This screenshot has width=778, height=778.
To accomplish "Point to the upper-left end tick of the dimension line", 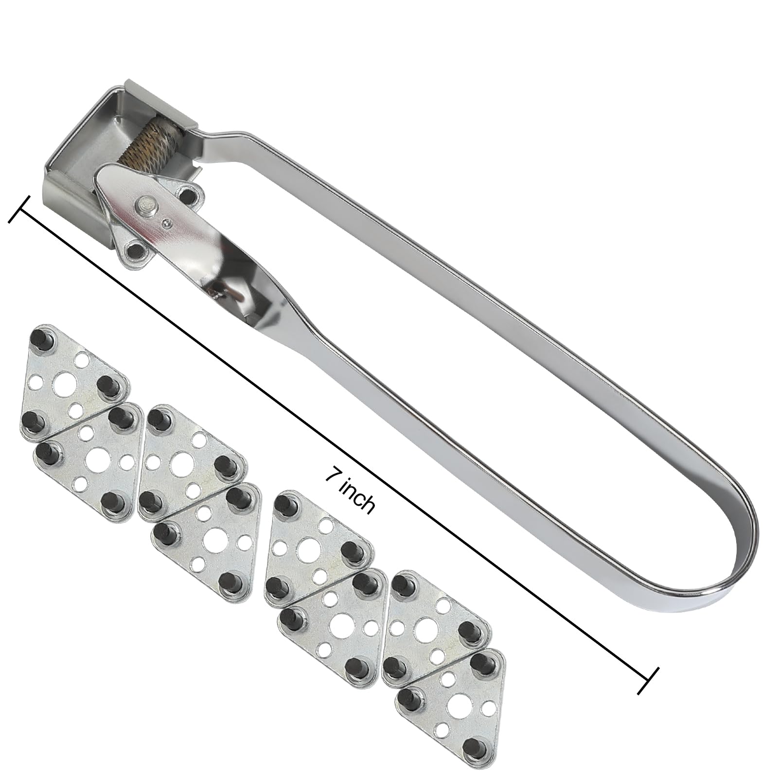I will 20,210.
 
